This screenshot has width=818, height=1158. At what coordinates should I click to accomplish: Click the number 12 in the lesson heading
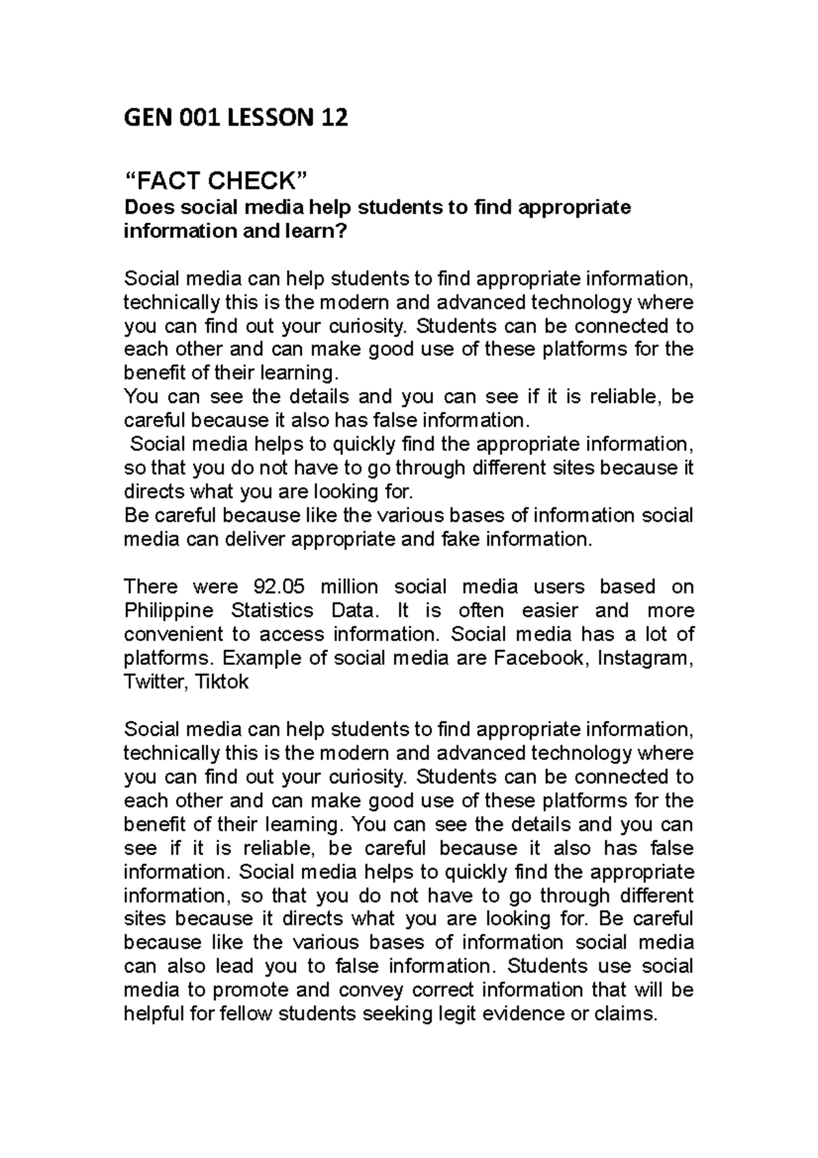332,119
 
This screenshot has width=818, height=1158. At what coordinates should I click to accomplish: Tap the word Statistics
273,610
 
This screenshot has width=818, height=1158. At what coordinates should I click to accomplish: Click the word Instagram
643,658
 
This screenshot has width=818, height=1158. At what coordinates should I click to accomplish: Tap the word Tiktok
222,682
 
